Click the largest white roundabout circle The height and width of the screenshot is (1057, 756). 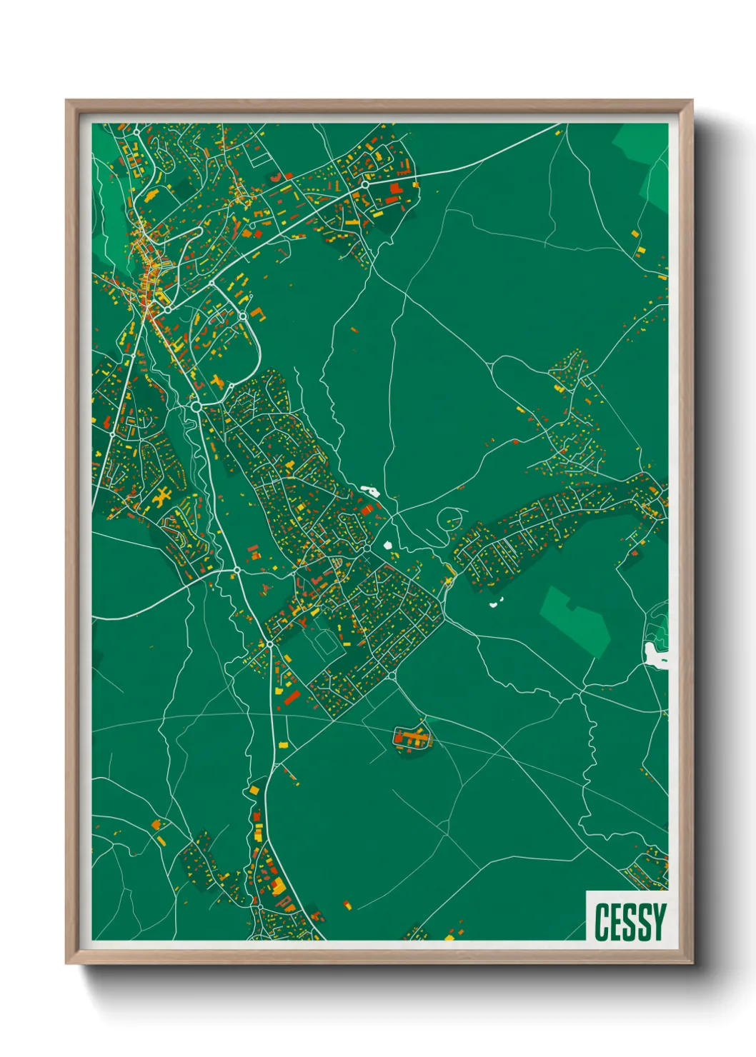coord(196,406)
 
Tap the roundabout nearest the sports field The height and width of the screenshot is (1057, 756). coord(270,643)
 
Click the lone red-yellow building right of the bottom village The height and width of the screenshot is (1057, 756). coord(347,905)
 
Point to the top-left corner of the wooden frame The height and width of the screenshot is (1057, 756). coord(66,101)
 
